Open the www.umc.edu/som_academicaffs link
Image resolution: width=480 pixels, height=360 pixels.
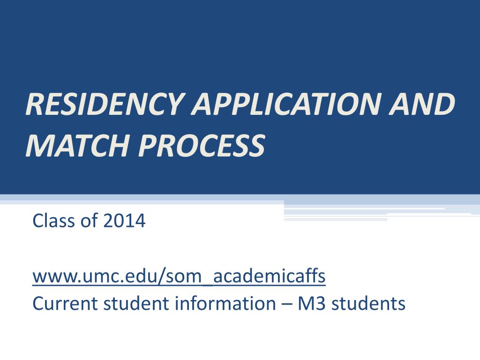coord(179,277)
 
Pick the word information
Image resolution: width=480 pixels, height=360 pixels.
coord(225,304)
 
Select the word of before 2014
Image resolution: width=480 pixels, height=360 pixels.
coord(88,220)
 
